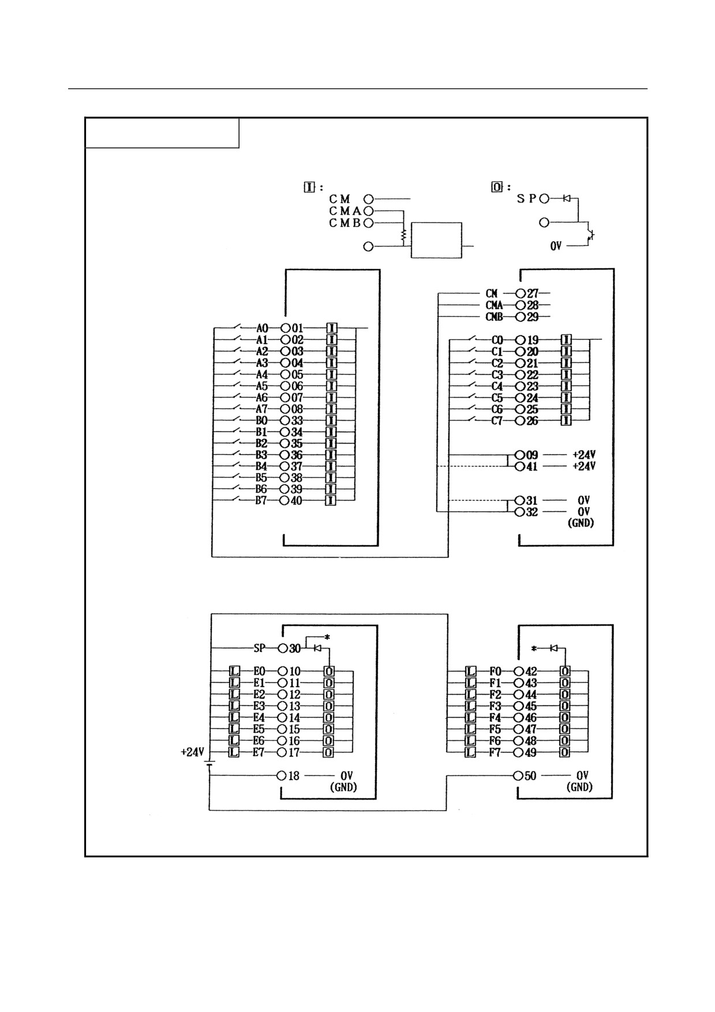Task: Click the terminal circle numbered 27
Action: coord(521,294)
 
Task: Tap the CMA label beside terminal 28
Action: coord(494,305)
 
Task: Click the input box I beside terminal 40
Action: coord(331,500)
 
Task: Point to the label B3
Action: coord(261,455)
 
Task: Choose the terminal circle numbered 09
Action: coord(520,455)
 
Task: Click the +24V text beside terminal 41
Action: coord(584,466)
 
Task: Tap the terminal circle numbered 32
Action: coord(520,512)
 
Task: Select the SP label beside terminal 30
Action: coord(260,648)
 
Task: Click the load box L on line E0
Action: coord(234,671)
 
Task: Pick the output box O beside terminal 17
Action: coord(328,752)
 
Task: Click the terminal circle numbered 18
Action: coord(282,775)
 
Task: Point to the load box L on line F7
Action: coord(470,752)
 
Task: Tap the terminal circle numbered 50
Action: coord(518,775)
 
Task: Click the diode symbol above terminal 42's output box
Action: coord(553,649)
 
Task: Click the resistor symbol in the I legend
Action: coord(403,234)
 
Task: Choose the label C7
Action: coord(497,421)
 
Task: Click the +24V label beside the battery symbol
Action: coord(192,752)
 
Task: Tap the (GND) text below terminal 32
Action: coord(581,523)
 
